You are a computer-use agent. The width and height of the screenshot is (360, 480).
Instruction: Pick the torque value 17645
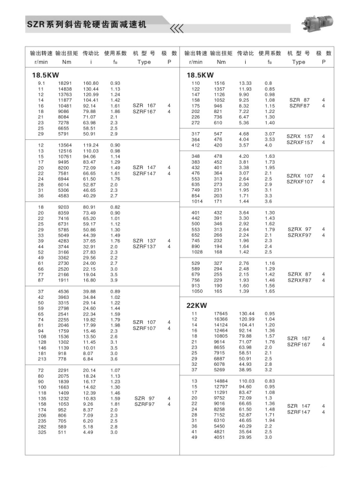[221, 313]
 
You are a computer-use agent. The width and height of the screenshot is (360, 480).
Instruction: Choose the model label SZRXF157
[300, 142]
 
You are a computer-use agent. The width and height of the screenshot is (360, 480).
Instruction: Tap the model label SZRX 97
[299, 230]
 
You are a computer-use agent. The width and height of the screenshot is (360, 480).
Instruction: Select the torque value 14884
[221, 381]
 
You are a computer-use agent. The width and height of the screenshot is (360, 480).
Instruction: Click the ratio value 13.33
[245, 83]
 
